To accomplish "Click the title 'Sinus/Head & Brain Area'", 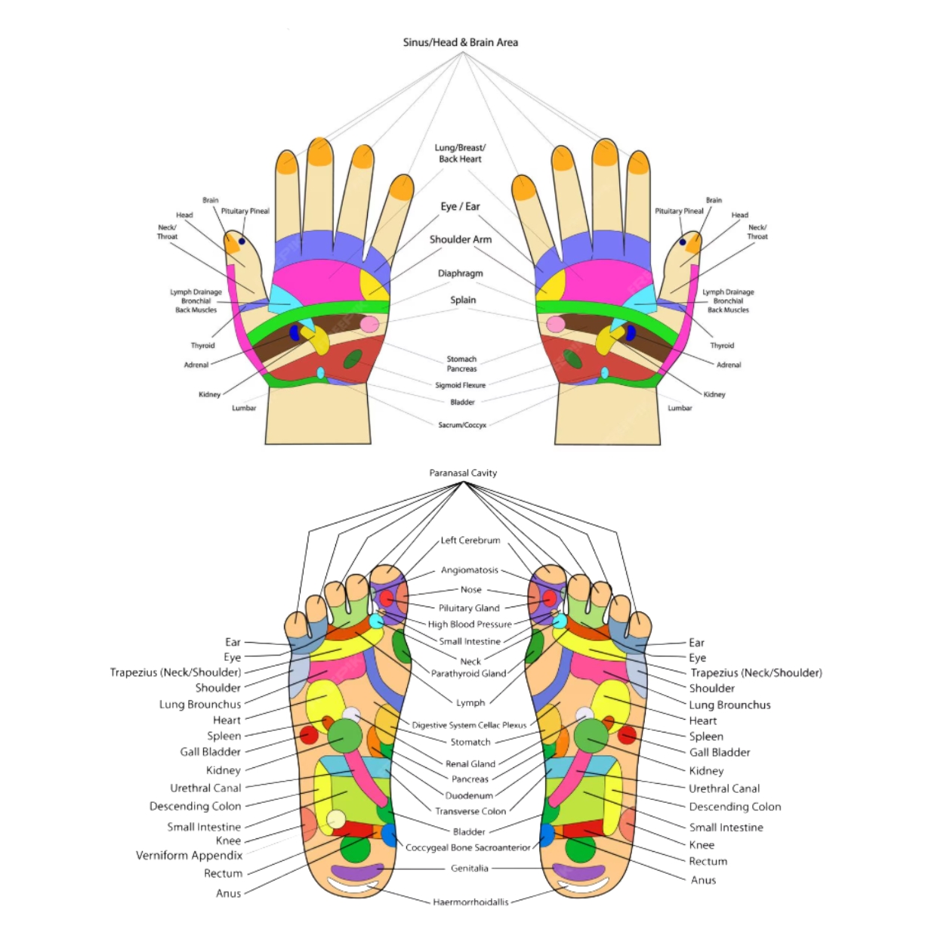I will (460, 42).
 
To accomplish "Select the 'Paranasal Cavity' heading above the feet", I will (463, 473).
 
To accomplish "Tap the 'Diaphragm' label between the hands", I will (460, 273).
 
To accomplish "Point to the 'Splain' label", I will (463, 300).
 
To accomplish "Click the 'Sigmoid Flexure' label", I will (460, 385).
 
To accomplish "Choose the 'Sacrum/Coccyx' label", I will (462, 425).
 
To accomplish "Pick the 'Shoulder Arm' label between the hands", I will (460, 239).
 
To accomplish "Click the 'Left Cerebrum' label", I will (470, 540).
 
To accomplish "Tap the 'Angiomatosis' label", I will (469, 570).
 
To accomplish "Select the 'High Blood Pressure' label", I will (470, 625).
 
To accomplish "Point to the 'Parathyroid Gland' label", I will (468, 674).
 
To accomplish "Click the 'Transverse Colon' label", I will (470, 811).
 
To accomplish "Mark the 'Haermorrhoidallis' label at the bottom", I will (470, 902).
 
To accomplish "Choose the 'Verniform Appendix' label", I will (189, 856).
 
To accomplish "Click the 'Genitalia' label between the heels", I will (469, 868).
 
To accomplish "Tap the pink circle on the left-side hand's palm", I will (369, 325).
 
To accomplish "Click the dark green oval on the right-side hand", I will (573, 359).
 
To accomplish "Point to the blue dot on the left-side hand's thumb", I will (242, 242).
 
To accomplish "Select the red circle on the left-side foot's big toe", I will (387, 599).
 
